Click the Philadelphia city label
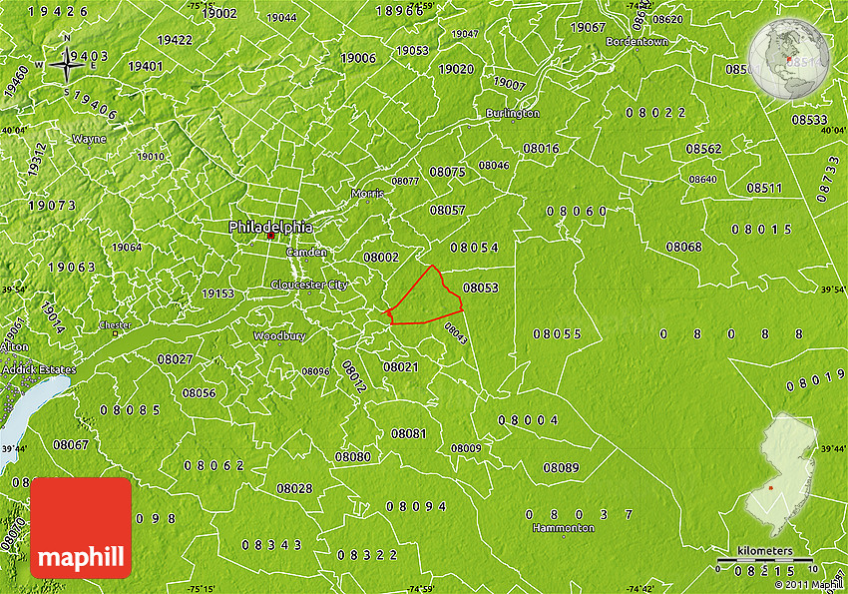[x=270, y=227]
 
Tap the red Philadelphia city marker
[x=270, y=237]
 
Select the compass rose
[x=68, y=67]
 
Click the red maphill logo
[x=81, y=527]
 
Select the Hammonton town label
[x=563, y=527]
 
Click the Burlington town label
[x=513, y=114]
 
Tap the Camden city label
[x=306, y=253]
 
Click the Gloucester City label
[x=309, y=285]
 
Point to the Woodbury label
[x=278, y=336]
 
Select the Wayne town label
[x=89, y=139]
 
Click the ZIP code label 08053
[x=480, y=288]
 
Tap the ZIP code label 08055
[x=557, y=333]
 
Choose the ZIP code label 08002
[x=381, y=257]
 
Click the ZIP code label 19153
[x=217, y=294]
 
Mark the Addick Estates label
[x=38, y=369]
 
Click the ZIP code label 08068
[x=683, y=247]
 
